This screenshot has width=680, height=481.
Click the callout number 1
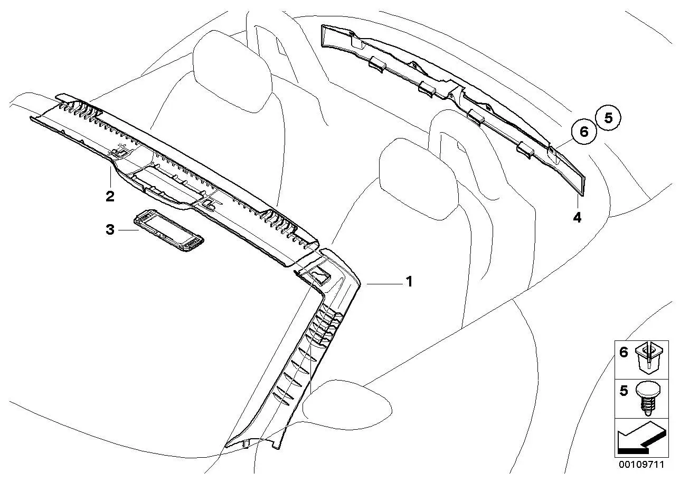(409, 282)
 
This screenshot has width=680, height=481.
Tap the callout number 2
(110, 196)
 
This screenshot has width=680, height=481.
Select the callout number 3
(110, 230)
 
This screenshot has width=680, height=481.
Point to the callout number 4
(577, 218)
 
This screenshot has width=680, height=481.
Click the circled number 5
(608, 117)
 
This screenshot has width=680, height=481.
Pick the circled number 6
(584, 132)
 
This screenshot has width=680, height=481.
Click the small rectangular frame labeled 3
(169, 230)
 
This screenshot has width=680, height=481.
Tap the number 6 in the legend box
(624, 353)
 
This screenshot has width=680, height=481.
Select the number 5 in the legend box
(624, 391)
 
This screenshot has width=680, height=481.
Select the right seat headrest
(419, 179)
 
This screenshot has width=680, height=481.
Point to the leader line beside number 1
(385, 284)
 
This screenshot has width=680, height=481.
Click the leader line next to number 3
(129, 230)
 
